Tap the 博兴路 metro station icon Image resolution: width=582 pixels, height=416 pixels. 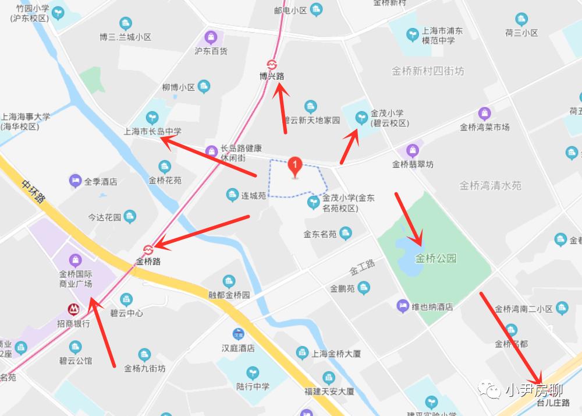(272, 64)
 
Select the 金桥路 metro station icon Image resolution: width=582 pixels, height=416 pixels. (148, 249)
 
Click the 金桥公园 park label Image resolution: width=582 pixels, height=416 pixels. (436, 258)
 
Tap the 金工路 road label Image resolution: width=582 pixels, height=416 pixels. (362, 267)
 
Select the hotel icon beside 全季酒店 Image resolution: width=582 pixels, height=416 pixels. (75, 181)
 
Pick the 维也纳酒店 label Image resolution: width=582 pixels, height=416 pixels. (432, 306)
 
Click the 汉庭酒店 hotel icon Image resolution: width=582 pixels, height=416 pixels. (238, 334)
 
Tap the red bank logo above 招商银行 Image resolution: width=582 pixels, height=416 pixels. (73, 309)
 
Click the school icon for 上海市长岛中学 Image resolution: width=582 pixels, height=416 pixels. (153, 118)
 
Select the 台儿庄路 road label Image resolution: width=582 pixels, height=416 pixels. (553, 403)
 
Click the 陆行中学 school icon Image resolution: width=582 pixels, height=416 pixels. (253, 372)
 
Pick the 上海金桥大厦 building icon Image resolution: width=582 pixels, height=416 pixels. (302, 352)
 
